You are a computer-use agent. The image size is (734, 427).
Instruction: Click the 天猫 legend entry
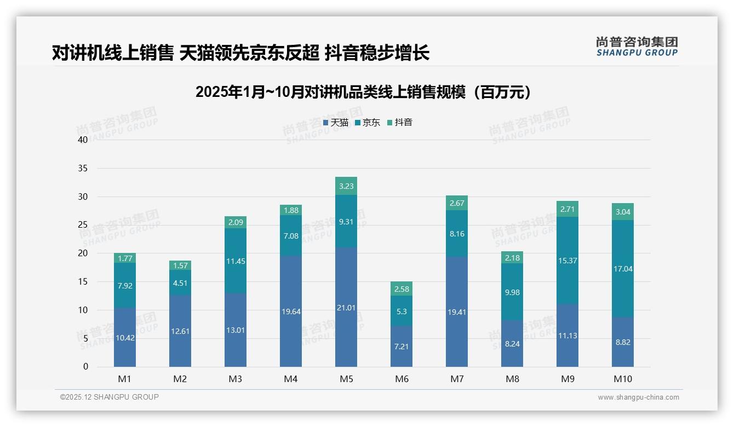click(x=336, y=123)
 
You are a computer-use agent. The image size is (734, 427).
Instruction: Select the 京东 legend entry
click(x=368, y=123)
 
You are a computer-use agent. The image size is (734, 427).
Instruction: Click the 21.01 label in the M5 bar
click(x=346, y=308)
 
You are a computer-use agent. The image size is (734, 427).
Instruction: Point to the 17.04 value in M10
click(x=623, y=269)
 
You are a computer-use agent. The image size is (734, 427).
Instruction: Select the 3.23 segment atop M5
click(x=346, y=186)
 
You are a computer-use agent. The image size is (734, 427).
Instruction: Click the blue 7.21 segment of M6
click(x=402, y=347)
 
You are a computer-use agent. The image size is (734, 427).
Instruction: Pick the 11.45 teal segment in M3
click(x=236, y=261)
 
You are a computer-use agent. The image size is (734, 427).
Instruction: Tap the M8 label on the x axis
click(x=512, y=379)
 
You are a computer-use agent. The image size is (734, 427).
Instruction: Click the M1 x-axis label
click(x=125, y=379)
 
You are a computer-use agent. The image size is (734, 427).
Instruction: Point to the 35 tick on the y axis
click(x=83, y=168)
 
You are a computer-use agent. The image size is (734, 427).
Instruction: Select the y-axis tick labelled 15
click(x=83, y=281)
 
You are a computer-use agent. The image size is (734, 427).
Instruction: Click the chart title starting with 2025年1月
click(x=363, y=92)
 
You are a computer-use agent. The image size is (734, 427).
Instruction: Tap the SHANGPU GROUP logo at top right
click(x=636, y=47)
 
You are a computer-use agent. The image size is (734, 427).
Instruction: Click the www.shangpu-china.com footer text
click(x=638, y=397)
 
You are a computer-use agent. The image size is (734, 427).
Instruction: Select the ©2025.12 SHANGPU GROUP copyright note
click(x=110, y=397)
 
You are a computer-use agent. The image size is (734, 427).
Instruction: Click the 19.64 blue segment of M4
click(x=291, y=311)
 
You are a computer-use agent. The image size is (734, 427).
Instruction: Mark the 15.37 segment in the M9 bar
click(x=567, y=261)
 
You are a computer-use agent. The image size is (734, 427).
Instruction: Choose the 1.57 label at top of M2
click(x=180, y=266)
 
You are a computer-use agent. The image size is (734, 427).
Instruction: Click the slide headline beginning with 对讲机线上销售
click(x=240, y=53)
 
